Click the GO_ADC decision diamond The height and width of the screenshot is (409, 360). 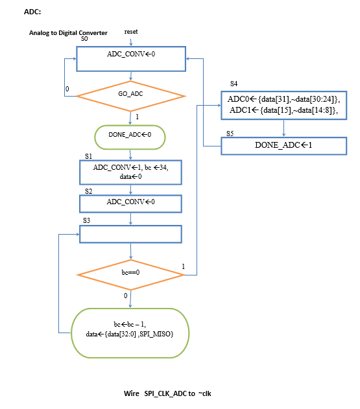tap(130, 96)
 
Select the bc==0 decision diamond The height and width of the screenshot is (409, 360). tap(130, 275)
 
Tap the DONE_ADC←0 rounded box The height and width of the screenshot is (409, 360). tap(130, 137)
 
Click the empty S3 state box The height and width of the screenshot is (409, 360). tap(130, 234)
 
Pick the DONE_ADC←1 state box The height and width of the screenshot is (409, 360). tap(283, 146)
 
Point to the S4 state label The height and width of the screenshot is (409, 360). tap(234, 84)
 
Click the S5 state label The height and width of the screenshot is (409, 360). tap(230, 134)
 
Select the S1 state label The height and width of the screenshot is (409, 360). tap(88, 156)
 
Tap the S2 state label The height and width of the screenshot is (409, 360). tap(88, 191)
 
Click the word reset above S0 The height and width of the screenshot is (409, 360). tap(131, 32)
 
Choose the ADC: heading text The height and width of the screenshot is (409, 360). tap(32, 12)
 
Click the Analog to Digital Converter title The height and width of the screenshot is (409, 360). tap(68, 33)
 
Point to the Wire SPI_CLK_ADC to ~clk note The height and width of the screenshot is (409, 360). tap(167, 393)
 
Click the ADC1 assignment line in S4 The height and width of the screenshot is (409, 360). tap(283, 110)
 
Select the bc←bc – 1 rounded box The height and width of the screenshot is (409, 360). tap(130, 333)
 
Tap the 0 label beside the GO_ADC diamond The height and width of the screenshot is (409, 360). tap(67, 89)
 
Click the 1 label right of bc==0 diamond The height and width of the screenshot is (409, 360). tap(184, 266)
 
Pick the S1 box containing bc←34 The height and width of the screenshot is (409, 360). tap(130, 172)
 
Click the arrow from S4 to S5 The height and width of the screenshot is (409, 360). tap(283, 128)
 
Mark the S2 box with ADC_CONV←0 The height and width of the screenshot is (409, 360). tap(130, 204)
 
